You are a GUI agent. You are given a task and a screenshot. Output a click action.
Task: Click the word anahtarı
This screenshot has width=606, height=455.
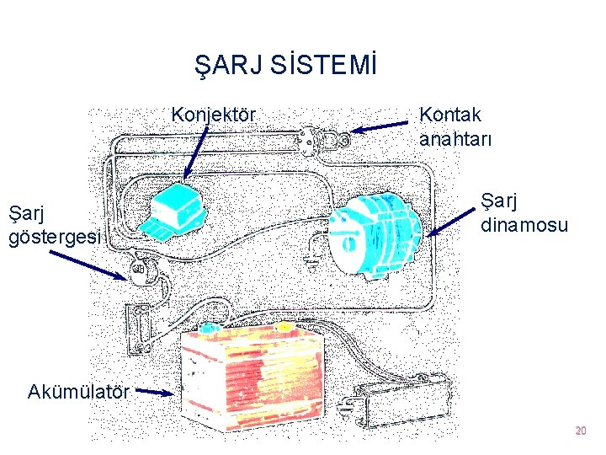coord(455,136)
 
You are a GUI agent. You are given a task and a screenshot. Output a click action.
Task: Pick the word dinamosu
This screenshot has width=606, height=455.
coord(524,225)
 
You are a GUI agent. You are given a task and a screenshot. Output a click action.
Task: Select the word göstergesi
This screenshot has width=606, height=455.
coord(55,237)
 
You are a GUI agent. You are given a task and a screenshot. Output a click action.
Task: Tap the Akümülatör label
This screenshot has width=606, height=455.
coord(78,392)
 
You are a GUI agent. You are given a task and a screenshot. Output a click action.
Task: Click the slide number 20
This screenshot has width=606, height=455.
coord(580,431)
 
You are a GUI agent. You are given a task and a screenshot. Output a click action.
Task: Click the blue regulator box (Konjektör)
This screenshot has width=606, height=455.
coord(178,211)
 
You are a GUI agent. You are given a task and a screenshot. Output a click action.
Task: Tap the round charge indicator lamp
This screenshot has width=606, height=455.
coord(138,271)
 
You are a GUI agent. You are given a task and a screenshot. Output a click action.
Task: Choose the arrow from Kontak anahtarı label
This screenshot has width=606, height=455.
coord(384,127)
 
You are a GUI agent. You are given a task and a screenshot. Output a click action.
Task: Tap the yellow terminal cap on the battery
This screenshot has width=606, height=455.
coord(285,326)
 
